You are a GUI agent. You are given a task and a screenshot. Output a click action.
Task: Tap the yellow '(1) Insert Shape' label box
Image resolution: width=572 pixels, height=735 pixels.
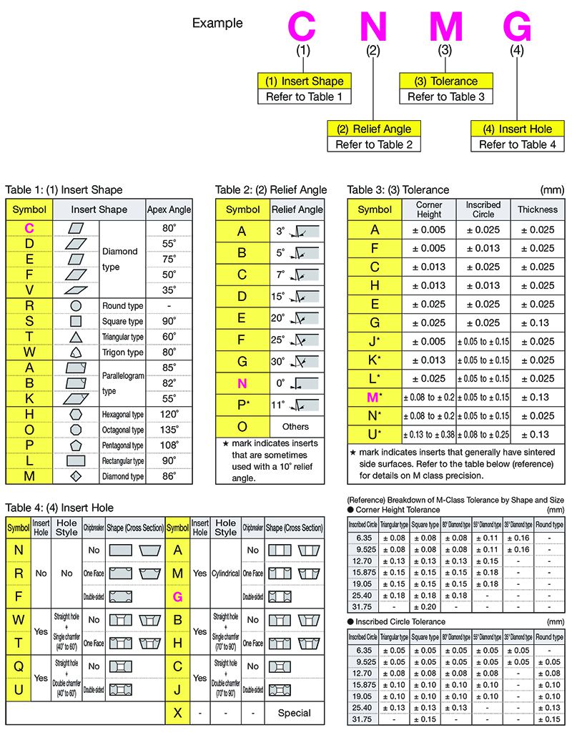point(305,81)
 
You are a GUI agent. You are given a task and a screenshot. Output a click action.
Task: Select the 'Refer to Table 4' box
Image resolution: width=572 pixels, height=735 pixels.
point(517,144)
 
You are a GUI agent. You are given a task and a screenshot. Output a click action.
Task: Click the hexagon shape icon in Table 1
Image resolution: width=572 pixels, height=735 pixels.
point(76,414)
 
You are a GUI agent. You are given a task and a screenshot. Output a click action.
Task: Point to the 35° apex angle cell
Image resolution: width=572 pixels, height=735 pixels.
point(169,290)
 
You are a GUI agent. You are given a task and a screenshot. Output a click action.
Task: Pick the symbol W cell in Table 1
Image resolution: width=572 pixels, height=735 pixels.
point(29,352)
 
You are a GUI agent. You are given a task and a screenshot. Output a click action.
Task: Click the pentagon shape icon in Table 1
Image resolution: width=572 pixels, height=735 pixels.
point(76,445)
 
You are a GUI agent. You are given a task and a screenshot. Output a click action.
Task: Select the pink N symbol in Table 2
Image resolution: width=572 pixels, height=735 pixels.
point(242,383)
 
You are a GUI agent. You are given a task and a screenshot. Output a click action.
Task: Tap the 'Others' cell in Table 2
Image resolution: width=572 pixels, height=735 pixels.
point(295,427)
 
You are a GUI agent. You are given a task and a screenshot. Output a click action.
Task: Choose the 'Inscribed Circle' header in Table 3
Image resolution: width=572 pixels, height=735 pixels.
point(483,209)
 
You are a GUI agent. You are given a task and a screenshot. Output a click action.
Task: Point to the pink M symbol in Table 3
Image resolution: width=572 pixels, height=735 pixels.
point(373,397)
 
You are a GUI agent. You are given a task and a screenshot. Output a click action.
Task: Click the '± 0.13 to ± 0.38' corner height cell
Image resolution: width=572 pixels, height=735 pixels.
point(428,434)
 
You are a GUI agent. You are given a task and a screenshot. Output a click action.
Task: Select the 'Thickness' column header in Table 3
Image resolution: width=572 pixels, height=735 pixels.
point(537,209)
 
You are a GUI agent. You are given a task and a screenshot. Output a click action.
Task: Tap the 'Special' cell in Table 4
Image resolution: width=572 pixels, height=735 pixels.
point(294,712)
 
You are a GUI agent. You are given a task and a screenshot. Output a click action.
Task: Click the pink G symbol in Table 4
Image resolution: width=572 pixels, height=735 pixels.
point(177,596)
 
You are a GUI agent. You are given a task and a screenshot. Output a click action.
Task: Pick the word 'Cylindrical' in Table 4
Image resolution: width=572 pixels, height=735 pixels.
point(226,573)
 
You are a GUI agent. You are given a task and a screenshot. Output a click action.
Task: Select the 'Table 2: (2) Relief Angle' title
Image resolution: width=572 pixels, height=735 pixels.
point(271,189)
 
